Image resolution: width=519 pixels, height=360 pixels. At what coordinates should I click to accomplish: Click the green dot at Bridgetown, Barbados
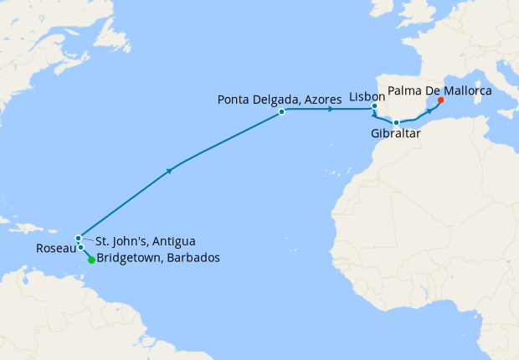(x=91, y=260)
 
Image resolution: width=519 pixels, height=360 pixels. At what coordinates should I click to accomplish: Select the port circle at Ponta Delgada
(x=282, y=111)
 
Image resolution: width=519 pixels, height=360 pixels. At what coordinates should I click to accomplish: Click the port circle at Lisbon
(x=375, y=107)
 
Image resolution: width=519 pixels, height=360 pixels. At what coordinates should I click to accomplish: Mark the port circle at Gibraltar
(x=396, y=123)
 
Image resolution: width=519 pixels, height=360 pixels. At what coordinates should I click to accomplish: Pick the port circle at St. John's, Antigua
(x=78, y=237)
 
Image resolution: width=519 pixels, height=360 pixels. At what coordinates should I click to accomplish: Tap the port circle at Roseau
(x=80, y=247)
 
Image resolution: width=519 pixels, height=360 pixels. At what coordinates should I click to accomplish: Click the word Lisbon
(x=367, y=97)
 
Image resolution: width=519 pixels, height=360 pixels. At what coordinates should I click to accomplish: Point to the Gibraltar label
(x=396, y=134)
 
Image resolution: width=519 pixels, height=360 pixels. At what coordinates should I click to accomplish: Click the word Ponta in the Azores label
(x=234, y=99)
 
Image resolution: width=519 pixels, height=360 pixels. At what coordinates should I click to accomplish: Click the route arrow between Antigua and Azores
(x=171, y=170)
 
